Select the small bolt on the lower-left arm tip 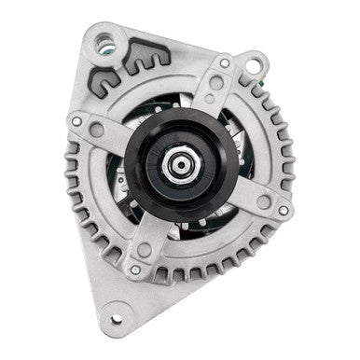(x=136, y=270)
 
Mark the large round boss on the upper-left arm (x=97, y=131)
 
